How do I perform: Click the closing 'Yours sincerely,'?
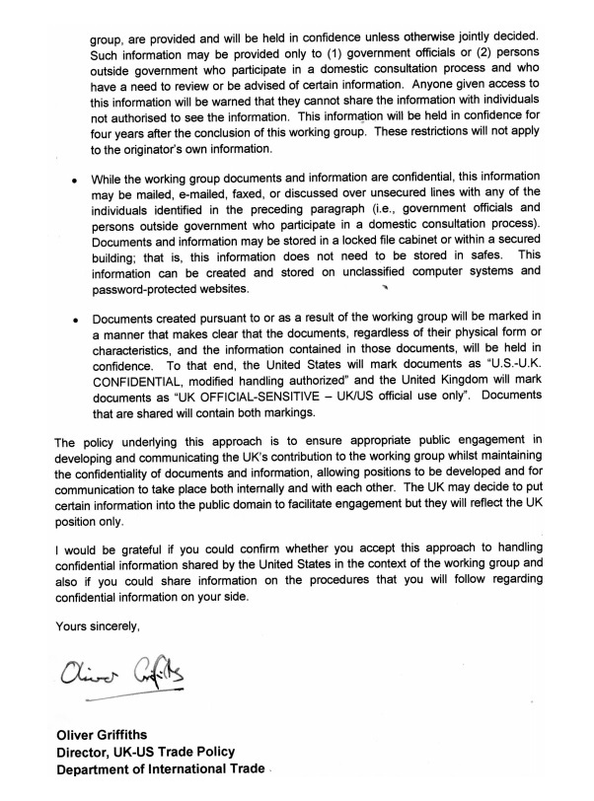(98, 625)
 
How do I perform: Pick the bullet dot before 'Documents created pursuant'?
(74, 320)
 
